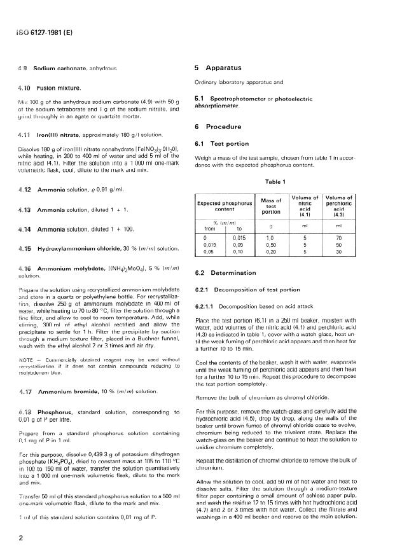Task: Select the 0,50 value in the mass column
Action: (271, 244)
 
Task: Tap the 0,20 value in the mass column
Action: (271, 252)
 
